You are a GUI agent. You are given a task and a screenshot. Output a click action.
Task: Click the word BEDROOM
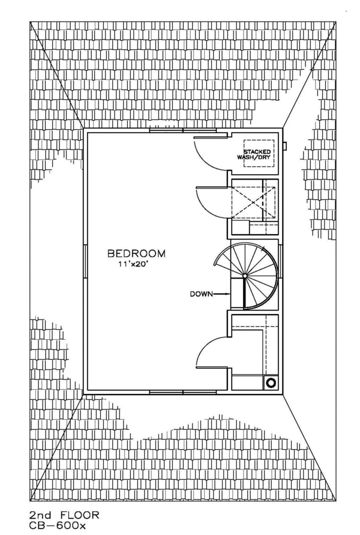coord(136,253)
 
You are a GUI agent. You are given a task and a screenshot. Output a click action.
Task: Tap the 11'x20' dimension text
coord(133,264)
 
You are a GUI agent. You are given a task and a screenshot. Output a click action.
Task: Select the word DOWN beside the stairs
coord(202,294)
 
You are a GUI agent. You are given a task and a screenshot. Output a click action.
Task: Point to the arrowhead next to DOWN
coord(228,294)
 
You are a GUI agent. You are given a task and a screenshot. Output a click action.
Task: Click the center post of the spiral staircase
coord(245,276)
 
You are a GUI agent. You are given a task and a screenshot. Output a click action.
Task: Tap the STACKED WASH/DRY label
coord(257,154)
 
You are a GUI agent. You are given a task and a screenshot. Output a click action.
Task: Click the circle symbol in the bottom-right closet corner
coord(271,382)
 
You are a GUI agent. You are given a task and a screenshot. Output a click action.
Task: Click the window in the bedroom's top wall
coord(183,130)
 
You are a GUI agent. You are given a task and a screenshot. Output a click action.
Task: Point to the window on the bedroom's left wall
coord(85,261)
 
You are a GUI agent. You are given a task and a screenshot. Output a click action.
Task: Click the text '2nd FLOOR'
coord(64,515)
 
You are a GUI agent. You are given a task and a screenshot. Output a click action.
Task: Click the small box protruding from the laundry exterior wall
coord(285,146)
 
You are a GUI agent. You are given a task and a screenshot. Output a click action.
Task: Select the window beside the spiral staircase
coord(280,261)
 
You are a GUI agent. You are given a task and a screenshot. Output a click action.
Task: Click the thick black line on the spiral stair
coord(244,293)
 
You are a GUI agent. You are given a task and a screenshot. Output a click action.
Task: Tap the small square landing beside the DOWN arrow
coord(237,293)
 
